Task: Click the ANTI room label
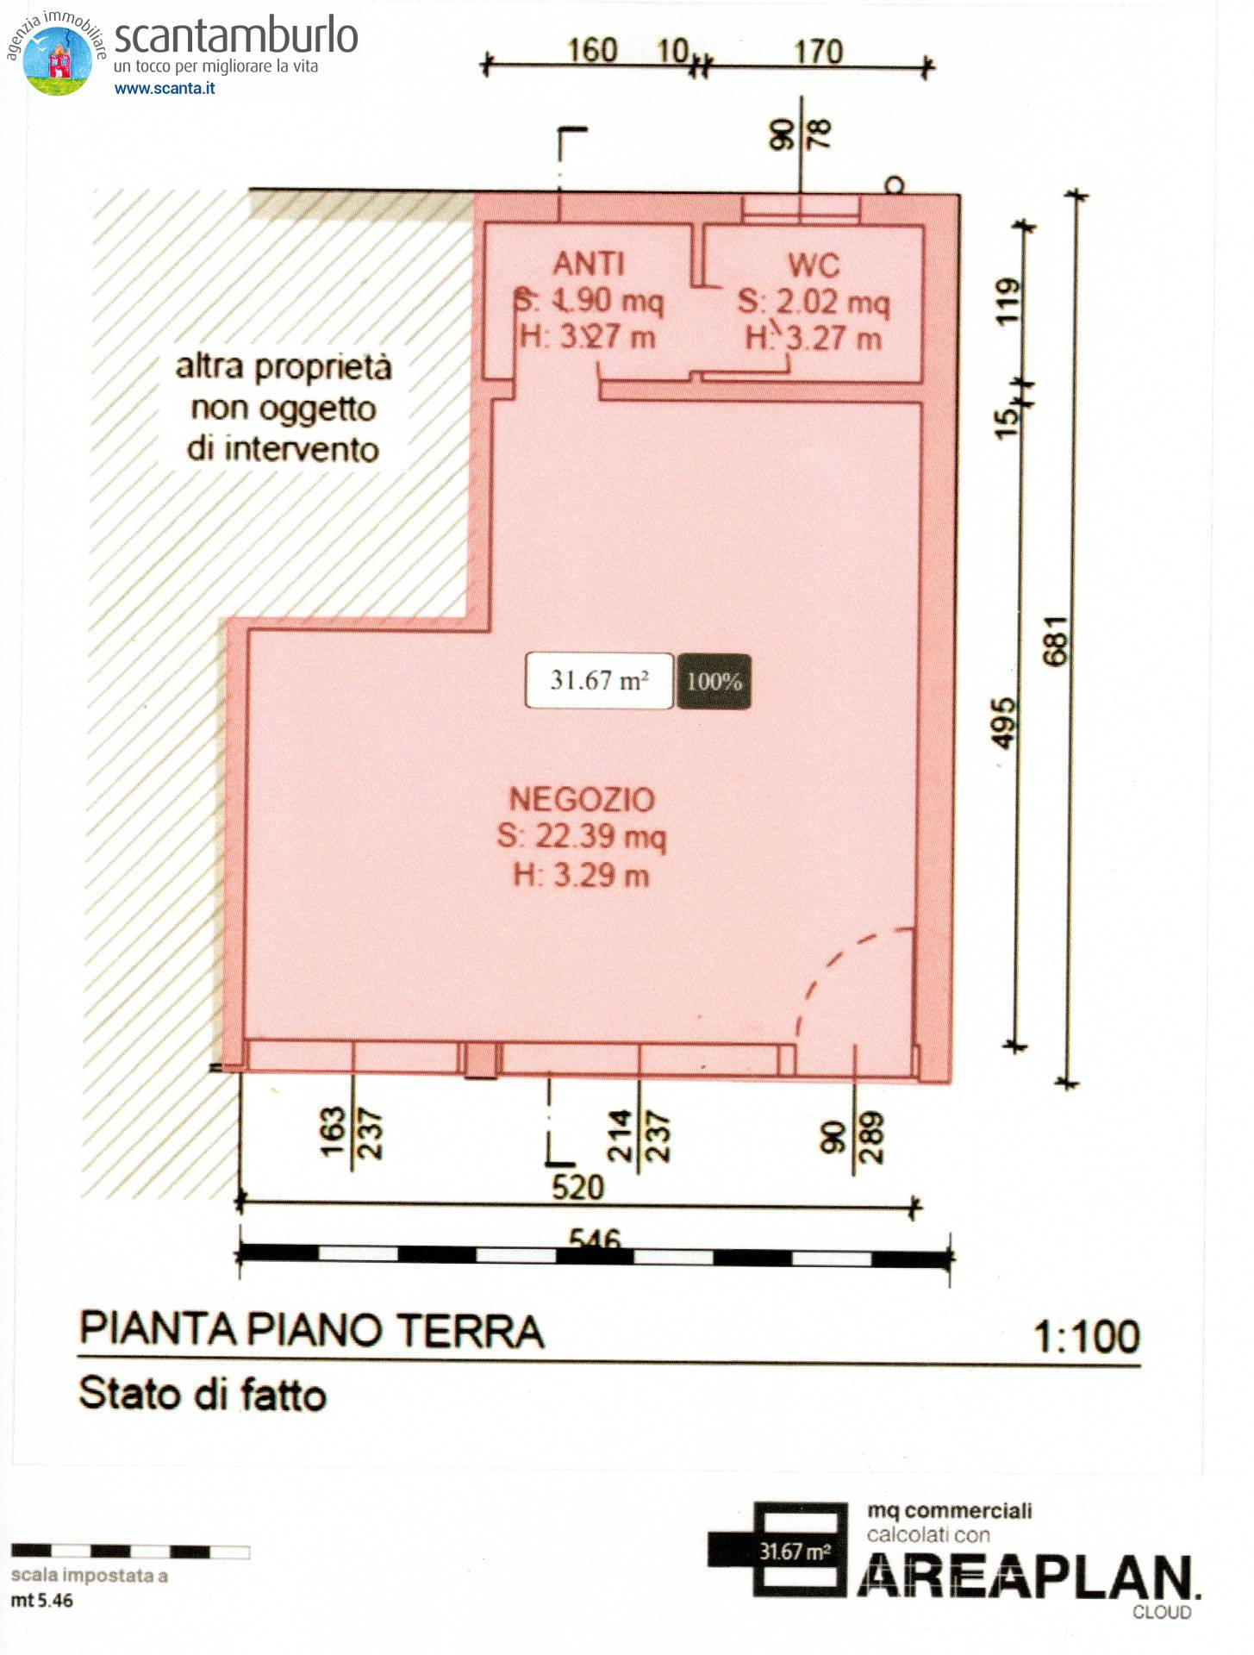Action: tap(589, 264)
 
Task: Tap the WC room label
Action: tap(814, 265)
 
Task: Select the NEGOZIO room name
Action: tap(582, 800)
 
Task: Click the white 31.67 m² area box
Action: tap(599, 681)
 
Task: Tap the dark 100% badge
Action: tap(714, 682)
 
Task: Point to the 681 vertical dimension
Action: tap(1055, 640)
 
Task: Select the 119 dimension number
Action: tap(1008, 302)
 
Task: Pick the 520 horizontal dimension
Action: tap(577, 1188)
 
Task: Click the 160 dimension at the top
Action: tap(592, 51)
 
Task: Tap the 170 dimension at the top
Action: tap(818, 52)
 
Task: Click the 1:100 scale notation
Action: tap(1086, 1337)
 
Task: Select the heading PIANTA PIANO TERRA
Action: tap(312, 1330)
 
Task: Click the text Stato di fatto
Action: tap(203, 1394)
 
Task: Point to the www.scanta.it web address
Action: tap(165, 88)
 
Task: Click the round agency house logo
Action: tap(58, 60)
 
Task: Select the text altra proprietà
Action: tap(284, 367)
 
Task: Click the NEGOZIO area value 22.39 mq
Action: tap(582, 836)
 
